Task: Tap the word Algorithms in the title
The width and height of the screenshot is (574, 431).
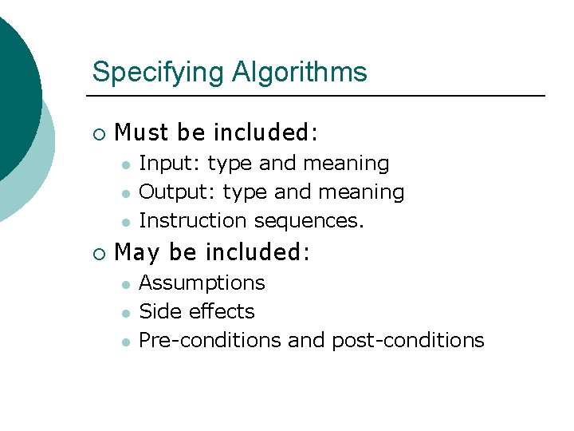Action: click(300, 73)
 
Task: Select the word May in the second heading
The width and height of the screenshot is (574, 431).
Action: click(137, 253)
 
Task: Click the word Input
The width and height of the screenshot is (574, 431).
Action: click(170, 164)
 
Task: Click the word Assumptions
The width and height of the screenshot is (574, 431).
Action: click(202, 283)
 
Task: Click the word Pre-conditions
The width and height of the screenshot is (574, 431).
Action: click(210, 340)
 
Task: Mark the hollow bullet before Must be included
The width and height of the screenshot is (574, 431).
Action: click(98, 132)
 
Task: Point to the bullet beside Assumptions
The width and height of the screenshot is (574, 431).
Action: click(125, 284)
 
